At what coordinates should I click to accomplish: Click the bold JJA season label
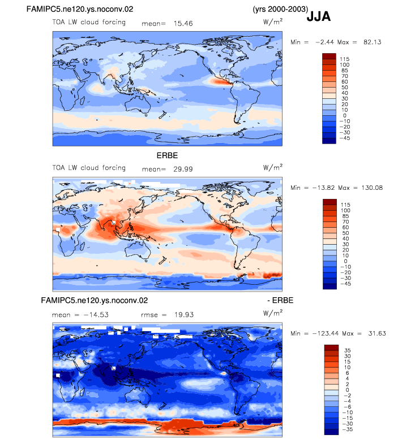(318, 16)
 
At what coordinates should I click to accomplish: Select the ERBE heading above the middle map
(168, 156)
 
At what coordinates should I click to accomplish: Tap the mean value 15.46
(183, 24)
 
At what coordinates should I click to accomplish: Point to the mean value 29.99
(183, 170)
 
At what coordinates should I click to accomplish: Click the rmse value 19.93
(184, 315)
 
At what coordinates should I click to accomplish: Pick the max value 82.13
(373, 42)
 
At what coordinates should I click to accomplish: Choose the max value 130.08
(372, 188)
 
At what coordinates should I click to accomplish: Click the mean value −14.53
(96, 315)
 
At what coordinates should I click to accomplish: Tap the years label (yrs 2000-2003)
(280, 9)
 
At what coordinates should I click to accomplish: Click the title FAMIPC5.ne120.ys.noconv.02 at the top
(80, 9)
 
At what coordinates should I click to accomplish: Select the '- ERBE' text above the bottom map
(280, 301)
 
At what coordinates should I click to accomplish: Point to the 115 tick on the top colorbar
(345, 59)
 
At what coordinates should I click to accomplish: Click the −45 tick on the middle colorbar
(345, 284)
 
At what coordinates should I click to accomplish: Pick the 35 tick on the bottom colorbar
(348, 350)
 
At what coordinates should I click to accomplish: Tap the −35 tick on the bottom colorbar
(348, 429)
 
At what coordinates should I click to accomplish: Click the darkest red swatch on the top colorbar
(329, 56)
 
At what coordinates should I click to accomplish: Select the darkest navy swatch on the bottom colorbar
(331, 432)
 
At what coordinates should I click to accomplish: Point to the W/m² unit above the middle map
(273, 167)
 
